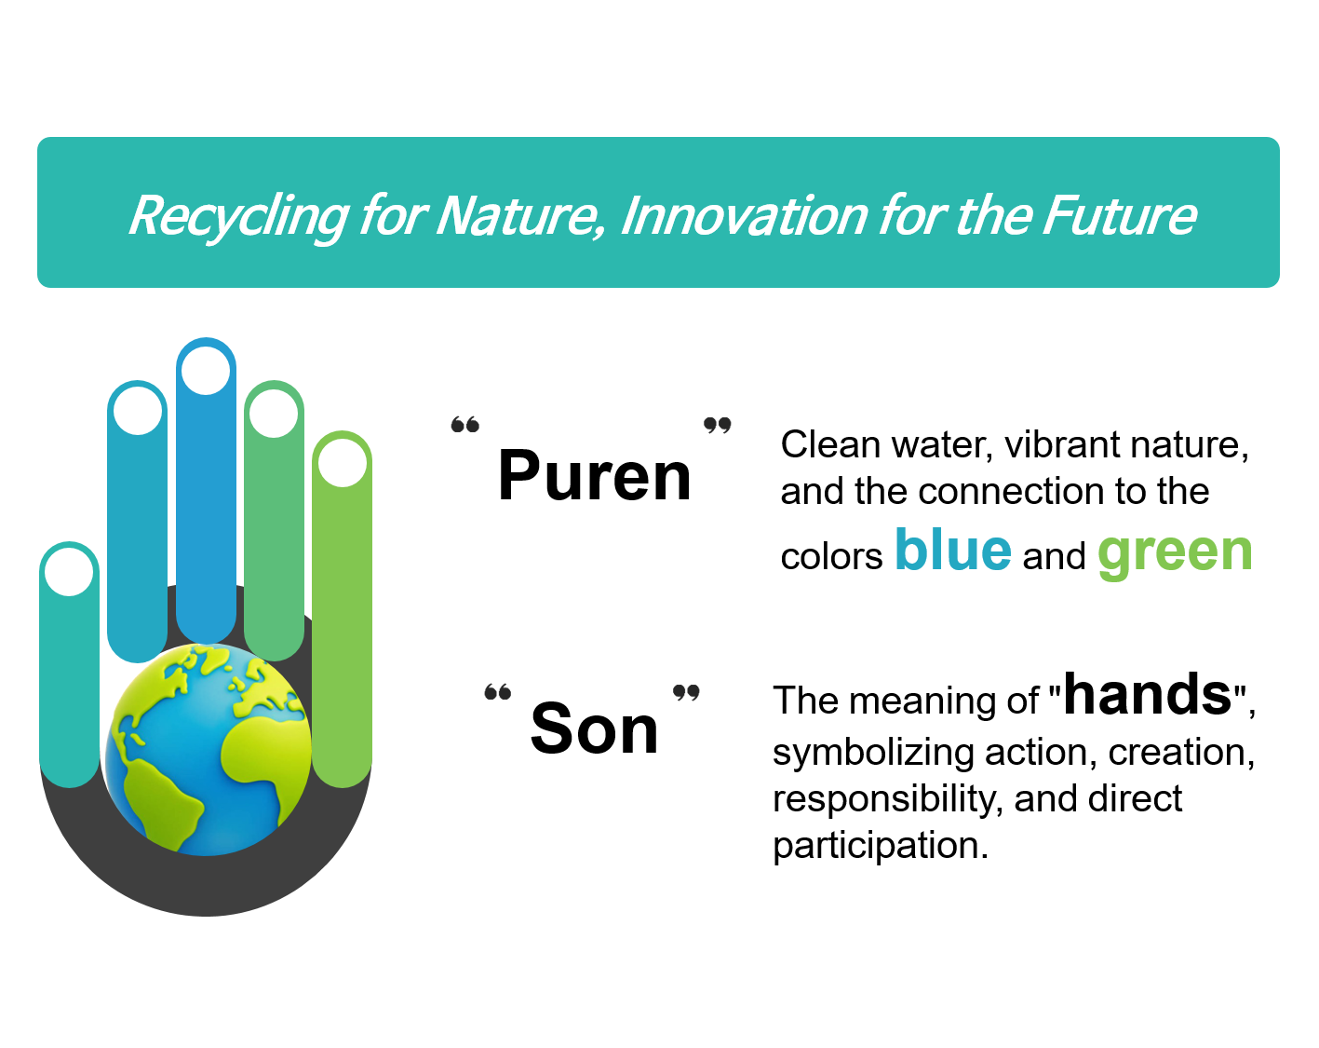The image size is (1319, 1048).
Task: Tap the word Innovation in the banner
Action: (x=744, y=215)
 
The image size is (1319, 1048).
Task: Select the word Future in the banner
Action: (x=1119, y=215)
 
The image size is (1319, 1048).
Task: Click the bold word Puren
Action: (x=594, y=474)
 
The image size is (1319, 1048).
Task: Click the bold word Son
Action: (x=594, y=728)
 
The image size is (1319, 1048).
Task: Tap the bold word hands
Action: (x=1148, y=694)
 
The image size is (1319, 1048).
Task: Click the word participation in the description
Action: (x=881, y=845)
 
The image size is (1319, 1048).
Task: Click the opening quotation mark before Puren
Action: (x=464, y=424)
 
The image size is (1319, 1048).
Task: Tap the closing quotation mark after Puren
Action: (x=717, y=424)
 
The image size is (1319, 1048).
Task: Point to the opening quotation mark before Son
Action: (x=497, y=692)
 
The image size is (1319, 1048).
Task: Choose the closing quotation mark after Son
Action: (x=686, y=692)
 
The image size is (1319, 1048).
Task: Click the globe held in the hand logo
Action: (x=209, y=749)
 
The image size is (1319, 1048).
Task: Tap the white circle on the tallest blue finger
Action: (x=206, y=371)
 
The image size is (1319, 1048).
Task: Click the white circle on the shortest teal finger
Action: (x=69, y=572)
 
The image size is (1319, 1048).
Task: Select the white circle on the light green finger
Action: (x=342, y=463)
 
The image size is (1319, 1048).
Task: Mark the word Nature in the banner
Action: (x=519, y=215)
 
